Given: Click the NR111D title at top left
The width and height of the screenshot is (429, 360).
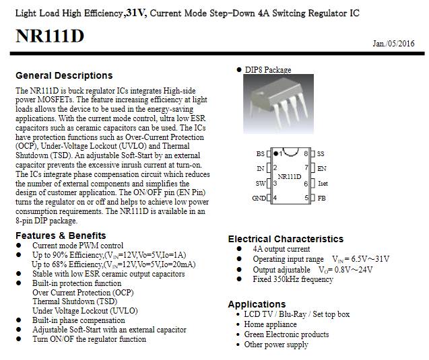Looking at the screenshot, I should point(50,36).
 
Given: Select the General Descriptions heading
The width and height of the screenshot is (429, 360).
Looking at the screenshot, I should point(64,75).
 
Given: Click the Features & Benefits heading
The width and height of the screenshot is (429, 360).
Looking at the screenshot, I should point(61,236).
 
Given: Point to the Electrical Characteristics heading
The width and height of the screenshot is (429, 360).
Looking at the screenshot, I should point(286,239).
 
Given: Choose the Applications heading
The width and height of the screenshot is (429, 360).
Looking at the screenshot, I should point(257,304).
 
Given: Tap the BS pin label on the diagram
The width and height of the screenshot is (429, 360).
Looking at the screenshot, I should point(261,153).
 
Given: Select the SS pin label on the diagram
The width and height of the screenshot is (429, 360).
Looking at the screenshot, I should point(321,153).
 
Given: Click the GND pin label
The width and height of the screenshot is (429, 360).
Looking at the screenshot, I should point(259,198).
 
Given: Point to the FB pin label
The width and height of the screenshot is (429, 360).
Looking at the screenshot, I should point(321,198).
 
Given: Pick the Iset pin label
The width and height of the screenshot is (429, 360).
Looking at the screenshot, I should point(323,183).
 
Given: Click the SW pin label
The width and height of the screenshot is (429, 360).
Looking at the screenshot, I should point(260,183).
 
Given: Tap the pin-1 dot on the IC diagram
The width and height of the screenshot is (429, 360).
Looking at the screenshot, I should point(277,153).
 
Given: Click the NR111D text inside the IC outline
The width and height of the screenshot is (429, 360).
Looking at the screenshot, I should point(289,176).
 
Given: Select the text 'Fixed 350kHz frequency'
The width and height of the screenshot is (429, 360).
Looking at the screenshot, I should point(292,279).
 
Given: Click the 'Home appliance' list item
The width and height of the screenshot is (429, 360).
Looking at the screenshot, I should point(270,324).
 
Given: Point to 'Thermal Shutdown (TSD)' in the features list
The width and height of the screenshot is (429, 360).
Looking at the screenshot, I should point(74,301).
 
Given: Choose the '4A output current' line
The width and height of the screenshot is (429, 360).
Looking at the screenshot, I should point(282,249).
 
